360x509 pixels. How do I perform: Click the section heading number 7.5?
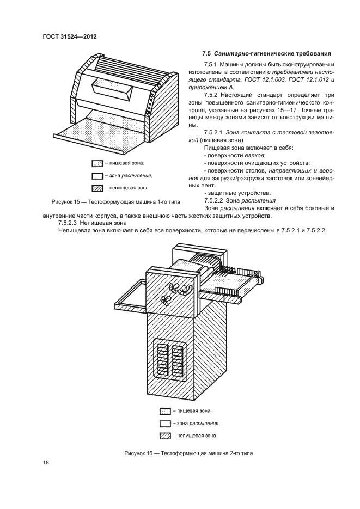pyautogui.click(x=206, y=53)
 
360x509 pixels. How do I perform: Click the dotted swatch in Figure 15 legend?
pyautogui.click(x=97, y=163)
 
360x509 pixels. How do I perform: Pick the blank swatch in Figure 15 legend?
pyautogui.click(x=97, y=175)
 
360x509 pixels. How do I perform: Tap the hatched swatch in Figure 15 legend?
pyautogui.click(x=97, y=188)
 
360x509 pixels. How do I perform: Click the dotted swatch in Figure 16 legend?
pyautogui.click(x=166, y=411)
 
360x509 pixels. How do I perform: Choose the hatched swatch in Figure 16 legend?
pyautogui.click(x=166, y=436)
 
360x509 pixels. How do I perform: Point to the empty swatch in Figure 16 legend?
pyautogui.click(x=166, y=423)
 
